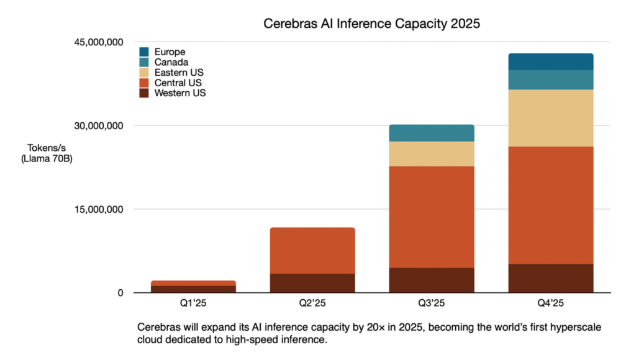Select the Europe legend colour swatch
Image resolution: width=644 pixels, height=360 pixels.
tap(144, 52)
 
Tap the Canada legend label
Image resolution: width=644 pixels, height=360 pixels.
tap(171, 62)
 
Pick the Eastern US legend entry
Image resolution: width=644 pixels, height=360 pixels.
tap(178, 73)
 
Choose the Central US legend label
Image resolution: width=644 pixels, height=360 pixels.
tap(178, 83)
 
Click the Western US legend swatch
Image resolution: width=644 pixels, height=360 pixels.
tap(144, 93)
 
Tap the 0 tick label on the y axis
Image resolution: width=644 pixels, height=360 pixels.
tap(121, 293)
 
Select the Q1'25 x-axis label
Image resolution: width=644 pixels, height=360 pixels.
tap(193, 304)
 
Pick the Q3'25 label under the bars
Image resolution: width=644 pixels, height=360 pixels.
tap(431, 304)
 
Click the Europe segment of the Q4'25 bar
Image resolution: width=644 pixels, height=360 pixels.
tap(550, 61)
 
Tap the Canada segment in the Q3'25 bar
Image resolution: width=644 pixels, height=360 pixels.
tap(431, 133)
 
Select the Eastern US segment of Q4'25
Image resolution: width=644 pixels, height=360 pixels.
tap(550, 118)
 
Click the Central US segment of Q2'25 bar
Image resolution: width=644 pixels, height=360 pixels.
tap(312, 251)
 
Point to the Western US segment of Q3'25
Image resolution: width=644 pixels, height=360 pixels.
tap(431, 280)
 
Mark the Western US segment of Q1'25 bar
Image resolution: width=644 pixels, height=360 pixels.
tap(193, 289)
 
